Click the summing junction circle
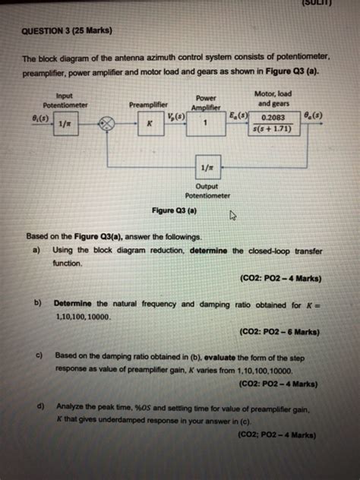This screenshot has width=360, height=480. tap(109, 123)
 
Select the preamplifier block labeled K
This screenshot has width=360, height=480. tap(150, 122)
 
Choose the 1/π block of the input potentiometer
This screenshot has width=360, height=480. tap(63, 123)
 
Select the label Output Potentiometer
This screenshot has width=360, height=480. tap(207, 190)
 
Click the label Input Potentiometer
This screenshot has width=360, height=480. tap(65, 100)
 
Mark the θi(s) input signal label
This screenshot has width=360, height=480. tap(38, 118)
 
